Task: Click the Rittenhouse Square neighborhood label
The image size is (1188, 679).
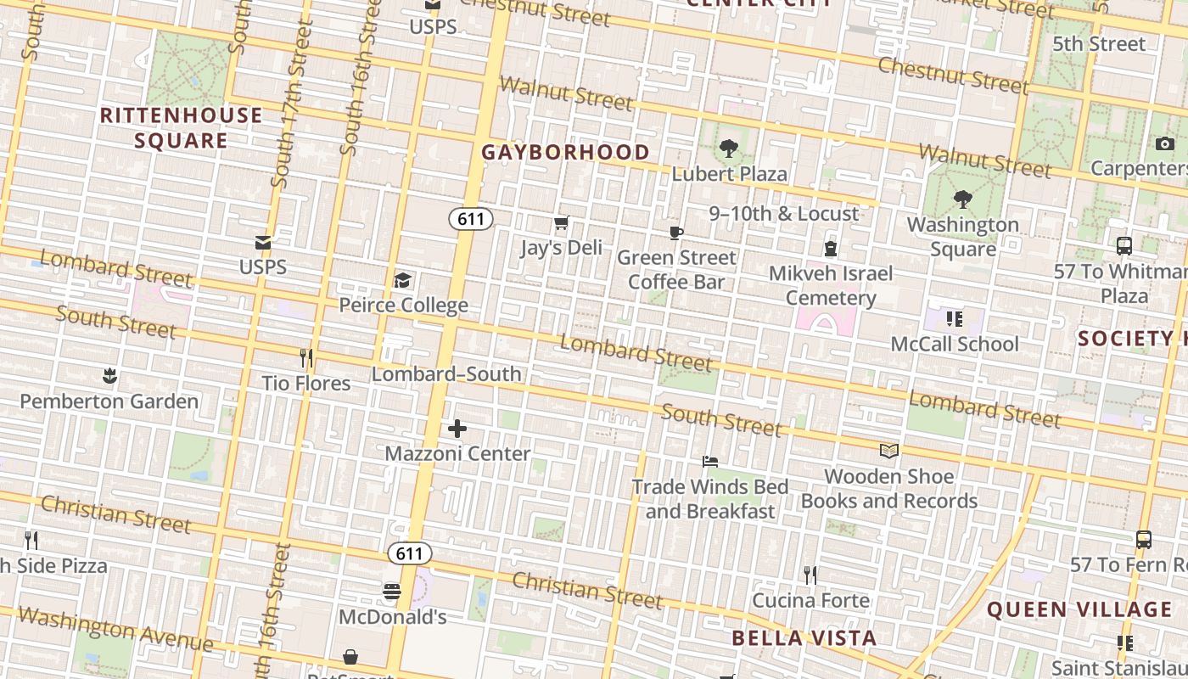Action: pyautogui.click(x=181, y=127)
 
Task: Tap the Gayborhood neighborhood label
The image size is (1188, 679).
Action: pyautogui.click(x=566, y=152)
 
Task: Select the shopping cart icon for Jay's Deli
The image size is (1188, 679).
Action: pyautogui.click(x=561, y=223)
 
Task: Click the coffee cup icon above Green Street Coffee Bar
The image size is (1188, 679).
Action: pyautogui.click(x=676, y=233)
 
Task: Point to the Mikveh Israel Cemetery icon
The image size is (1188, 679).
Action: pyautogui.click(x=831, y=249)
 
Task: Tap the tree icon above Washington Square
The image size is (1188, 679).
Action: pyautogui.click(x=962, y=200)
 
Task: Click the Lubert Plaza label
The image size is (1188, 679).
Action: pyautogui.click(x=729, y=173)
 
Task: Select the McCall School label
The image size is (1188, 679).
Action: pyautogui.click(x=955, y=344)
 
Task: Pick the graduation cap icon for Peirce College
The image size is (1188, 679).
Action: pyautogui.click(x=403, y=280)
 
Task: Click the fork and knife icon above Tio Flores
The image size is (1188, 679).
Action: pyautogui.click(x=306, y=358)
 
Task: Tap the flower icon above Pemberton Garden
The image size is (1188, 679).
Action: pyautogui.click(x=109, y=375)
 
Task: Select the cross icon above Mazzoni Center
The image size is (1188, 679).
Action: pyautogui.click(x=457, y=429)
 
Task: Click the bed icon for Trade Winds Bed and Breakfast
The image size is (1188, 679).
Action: pyautogui.click(x=710, y=462)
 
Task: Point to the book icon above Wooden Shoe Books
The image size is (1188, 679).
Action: pyautogui.click(x=888, y=451)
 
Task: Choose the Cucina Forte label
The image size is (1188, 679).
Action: pyautogui.click(x=810, y=600)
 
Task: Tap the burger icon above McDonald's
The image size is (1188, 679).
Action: pyautogui.click(x=392, y=592)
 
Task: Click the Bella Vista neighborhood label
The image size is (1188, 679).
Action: pyautogui.click(x=804, y=637)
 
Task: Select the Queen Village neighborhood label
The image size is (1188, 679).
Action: pyautogui.click(x=1079, y=609)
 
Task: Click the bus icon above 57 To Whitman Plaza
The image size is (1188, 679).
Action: pyautogui.click(x=1124, y=246)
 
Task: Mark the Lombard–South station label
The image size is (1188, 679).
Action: pyautogui.click(x=446, y=373)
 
